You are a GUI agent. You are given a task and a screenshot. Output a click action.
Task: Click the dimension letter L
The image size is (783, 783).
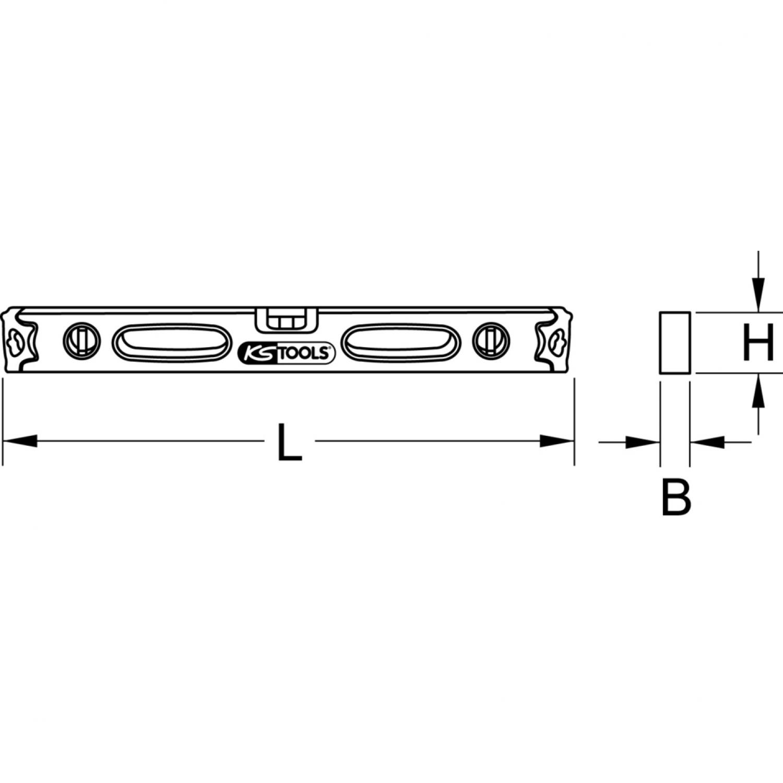290,442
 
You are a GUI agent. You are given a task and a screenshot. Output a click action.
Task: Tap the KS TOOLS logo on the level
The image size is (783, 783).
285,353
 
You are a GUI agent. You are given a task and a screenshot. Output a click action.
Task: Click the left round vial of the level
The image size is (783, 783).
81,342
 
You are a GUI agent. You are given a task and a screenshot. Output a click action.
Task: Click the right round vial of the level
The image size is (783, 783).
491,342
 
